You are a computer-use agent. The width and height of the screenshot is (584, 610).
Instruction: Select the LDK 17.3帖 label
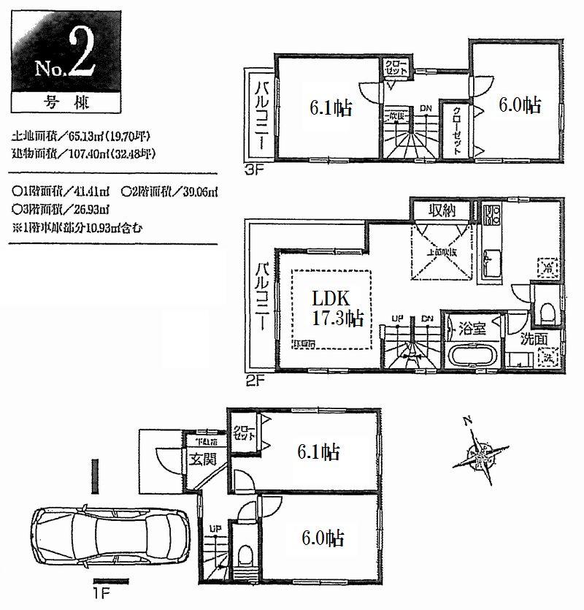(334, 308)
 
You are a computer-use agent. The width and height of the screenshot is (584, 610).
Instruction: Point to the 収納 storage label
(442, 211)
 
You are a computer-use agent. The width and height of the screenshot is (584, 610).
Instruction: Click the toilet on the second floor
(547, 312)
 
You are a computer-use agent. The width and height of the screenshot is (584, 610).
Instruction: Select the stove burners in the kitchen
(490, 216)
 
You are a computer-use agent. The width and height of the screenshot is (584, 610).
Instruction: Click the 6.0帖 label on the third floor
(519, 105)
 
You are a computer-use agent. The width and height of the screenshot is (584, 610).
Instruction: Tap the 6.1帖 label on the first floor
(318, 452)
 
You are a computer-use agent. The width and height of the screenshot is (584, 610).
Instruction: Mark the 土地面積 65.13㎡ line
(85, 137)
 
